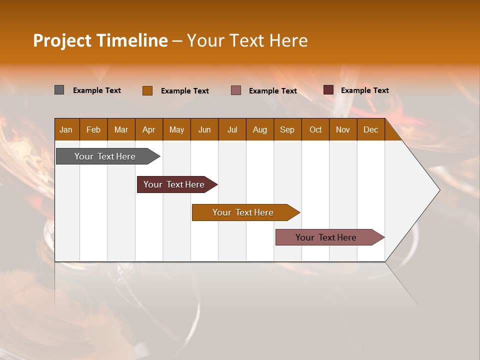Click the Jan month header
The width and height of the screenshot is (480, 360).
pos(66,129)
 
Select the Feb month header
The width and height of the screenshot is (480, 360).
pos(93,129)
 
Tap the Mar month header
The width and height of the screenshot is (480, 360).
pos(121,129)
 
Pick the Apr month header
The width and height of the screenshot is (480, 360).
pos(149,129)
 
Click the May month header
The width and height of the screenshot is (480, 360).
pos(176,129)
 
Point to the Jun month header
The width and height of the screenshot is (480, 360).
pos(204,129)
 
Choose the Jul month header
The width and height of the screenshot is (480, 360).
pos(232,129)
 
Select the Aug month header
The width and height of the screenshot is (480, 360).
pos(260,129)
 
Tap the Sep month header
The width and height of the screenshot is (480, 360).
pos(287,129)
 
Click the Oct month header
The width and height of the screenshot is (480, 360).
pos(315,129)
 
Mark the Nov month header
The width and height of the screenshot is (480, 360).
pos(343,129)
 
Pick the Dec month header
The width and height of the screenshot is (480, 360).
pos(371,129)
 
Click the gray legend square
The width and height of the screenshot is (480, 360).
pos(59,90)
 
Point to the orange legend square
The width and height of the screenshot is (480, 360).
pos(147,90)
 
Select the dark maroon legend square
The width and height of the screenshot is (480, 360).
pos(328,90)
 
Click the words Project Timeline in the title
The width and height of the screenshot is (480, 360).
pos(100,40)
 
